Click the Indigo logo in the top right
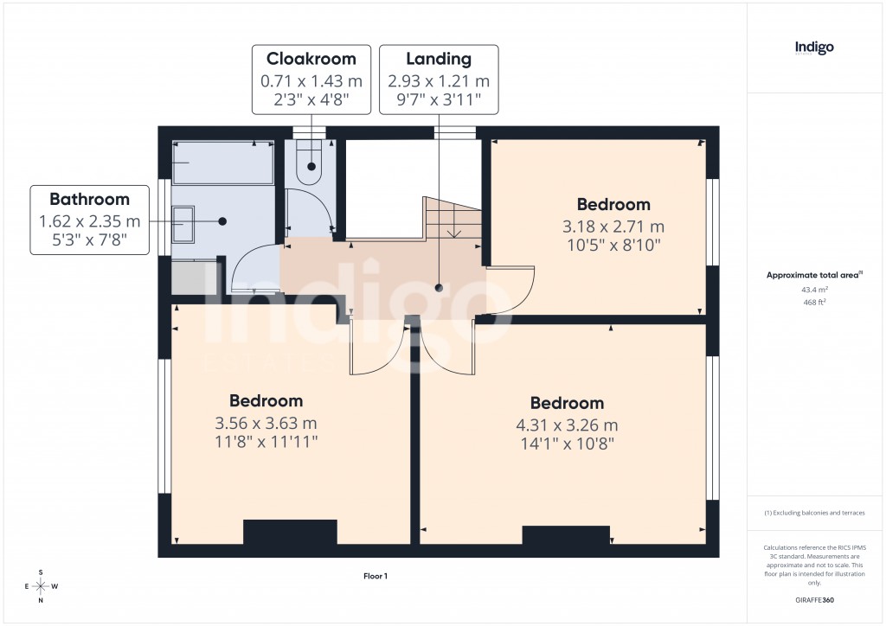pos(814,48)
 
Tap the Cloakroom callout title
pos(311,60)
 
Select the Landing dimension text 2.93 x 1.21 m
pos(439,81)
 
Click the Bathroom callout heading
pos(89,200)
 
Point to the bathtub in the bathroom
pos(223,163)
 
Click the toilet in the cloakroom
pos(308,165)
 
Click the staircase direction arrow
pos(453,229)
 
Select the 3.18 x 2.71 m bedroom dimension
pos(613,227)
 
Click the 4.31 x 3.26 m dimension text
pos(567,425)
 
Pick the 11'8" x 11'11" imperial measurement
pos(266,442)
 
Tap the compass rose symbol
pos(40,586)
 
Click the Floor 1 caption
pos(376,576)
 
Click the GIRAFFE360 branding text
pos(814,600)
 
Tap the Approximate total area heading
pos(813,275)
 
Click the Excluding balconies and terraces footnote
pos(814,513)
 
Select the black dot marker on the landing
pos(439,288)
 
